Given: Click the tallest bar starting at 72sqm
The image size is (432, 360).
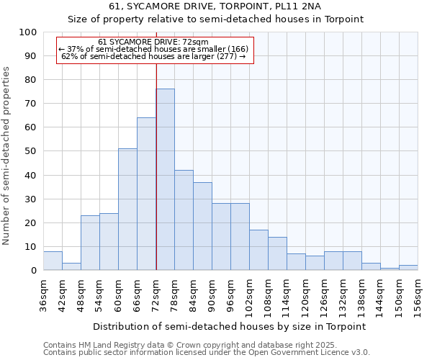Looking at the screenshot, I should click(x=165, y=180).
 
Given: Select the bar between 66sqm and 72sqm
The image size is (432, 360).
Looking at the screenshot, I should click(x=146, y=194).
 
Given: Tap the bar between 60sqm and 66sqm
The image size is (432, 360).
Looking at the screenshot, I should click(x=127, y=210).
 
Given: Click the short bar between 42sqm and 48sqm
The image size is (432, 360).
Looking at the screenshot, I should click(x=71, y=266).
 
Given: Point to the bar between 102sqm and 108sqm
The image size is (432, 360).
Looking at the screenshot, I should click(x=258, y=250).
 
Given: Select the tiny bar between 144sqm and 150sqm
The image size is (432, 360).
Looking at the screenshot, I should click(x=390, y=269).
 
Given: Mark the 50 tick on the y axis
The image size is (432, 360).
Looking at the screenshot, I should click(x=30, y=151).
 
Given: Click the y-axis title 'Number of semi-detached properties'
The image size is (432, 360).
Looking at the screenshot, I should click(x=7, y=156).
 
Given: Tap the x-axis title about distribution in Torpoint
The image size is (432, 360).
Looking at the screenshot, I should click(x=230, y=326).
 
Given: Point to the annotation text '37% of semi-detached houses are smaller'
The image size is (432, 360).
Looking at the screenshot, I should click(x=156, y=49).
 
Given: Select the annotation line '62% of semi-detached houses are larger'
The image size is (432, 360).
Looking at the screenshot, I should click(x=155, y=56).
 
